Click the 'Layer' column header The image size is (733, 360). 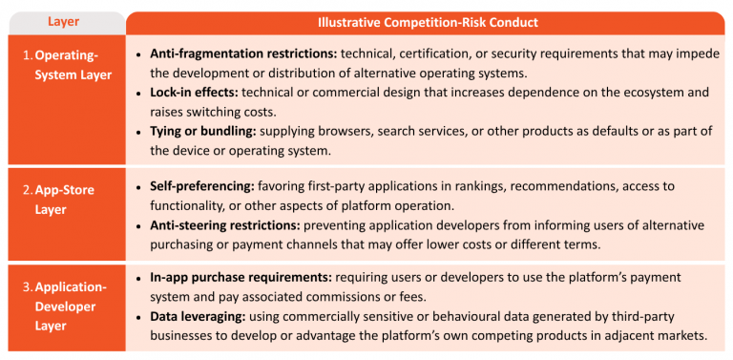(64, 22)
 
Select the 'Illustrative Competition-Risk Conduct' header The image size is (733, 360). (428, 23)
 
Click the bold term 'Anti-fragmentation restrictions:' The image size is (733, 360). (243, 53)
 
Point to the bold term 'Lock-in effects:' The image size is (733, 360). (194, 92)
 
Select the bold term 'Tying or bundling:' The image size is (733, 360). (203, 131)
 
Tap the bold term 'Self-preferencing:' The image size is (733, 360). (202, 186)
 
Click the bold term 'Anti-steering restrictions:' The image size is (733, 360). (225, 225)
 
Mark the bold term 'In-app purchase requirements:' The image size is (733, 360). (241, 277)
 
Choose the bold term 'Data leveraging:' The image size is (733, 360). (198, 316)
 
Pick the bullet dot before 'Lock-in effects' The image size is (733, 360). (138, 93)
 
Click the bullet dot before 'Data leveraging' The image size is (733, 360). (138, 317)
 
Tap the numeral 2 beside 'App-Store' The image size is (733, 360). (27, 190)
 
